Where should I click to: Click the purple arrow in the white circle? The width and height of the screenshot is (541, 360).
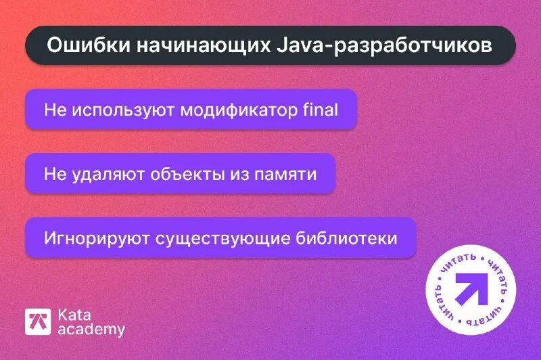click(472, 290)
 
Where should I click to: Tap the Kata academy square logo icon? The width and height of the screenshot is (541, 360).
click(39, 322)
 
